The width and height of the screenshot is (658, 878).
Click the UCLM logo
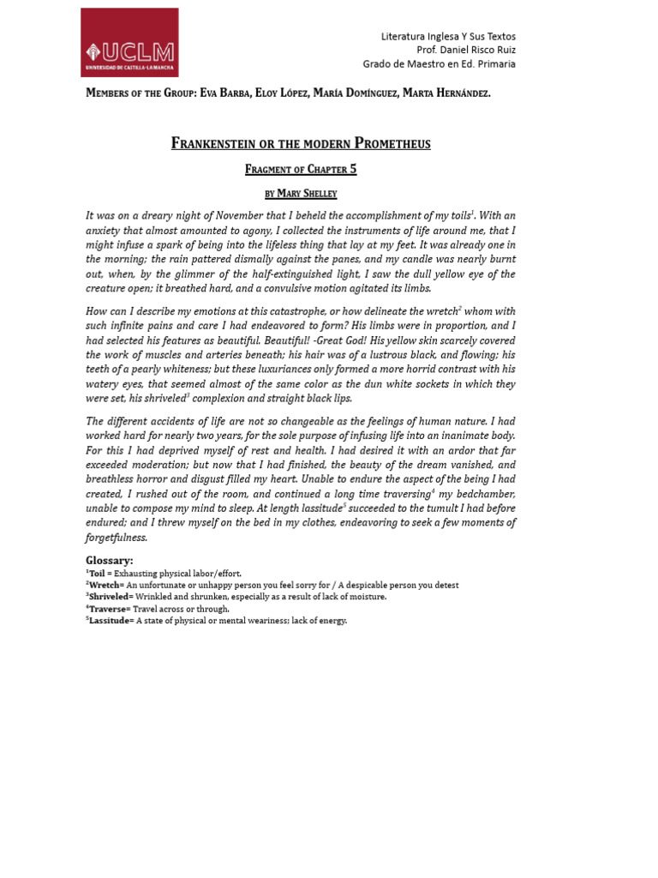[129, 43]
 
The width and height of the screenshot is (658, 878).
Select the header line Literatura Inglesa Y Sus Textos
[448, 36]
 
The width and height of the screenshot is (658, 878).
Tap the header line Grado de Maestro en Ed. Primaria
[439, 63]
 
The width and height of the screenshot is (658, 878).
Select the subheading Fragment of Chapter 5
[301, 169]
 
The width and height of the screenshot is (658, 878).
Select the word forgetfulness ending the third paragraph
[117, 538]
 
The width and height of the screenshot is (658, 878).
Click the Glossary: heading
[110, 560]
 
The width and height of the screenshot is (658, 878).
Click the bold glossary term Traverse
[108, 609]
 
